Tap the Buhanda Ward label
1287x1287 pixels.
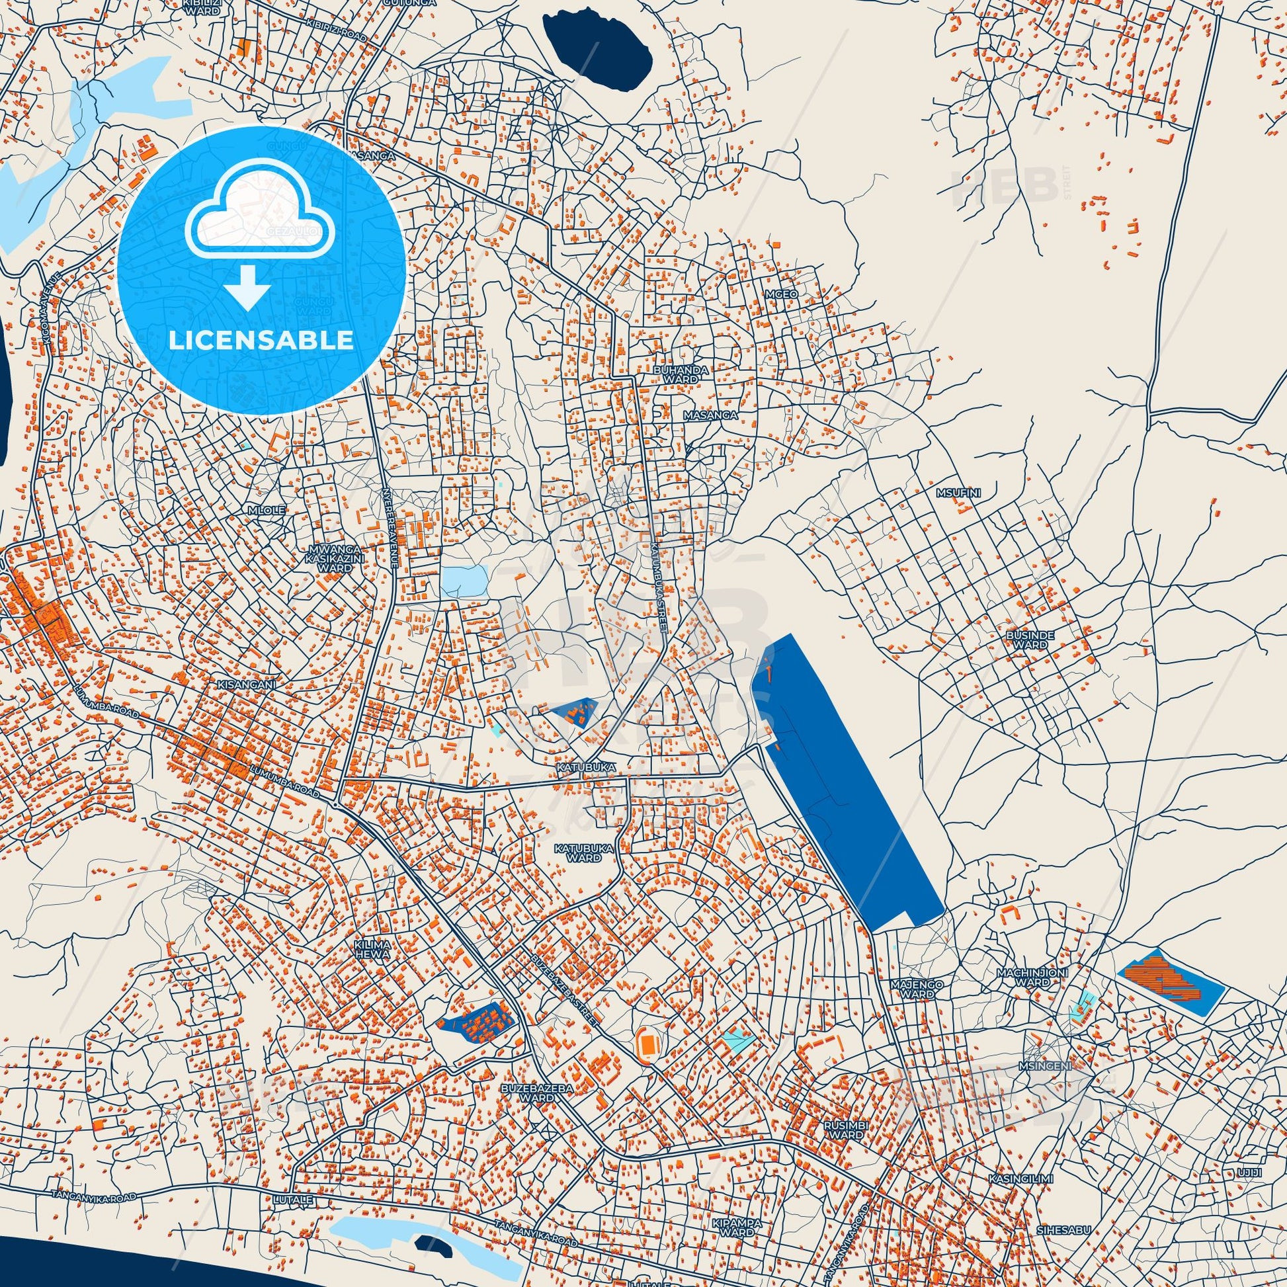pyautogui.click(x=680, y=374)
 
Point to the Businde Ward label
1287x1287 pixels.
pyautogui.click(x=1031, y=640)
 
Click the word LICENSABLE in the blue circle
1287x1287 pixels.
pyautogui.click(x=261, y=341)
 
